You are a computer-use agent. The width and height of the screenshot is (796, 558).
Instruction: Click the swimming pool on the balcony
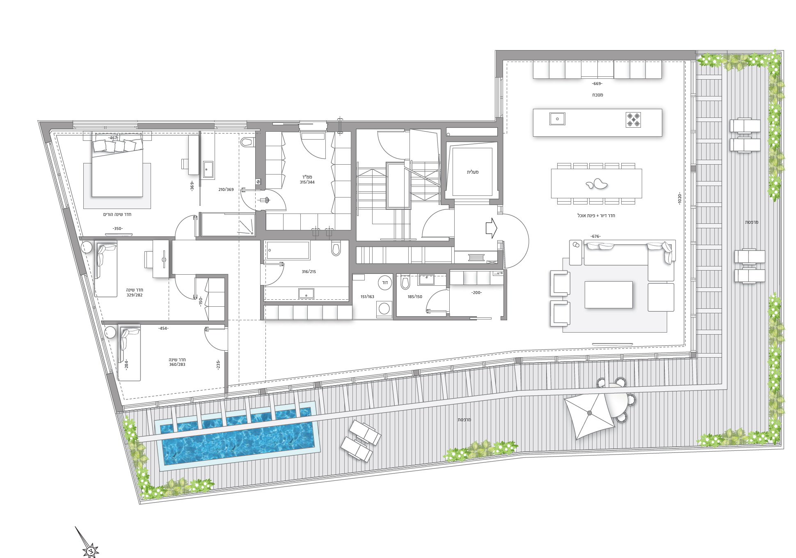point(238,436)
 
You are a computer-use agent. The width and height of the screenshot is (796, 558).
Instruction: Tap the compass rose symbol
point(90,549)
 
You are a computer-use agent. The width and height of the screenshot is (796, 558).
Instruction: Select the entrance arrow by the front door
point(491,228)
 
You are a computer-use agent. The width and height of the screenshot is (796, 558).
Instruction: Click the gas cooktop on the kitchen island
point(633,119)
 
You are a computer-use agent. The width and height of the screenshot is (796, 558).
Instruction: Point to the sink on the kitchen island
point(557,119)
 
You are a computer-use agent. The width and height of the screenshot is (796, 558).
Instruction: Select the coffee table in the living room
point(608,294)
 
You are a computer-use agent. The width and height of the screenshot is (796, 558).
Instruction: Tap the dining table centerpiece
point(596,184)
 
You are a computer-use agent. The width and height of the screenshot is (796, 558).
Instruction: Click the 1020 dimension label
point(679,199)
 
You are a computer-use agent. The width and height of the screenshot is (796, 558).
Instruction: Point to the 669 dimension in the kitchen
point(597,84)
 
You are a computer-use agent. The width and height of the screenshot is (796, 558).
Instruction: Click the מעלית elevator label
point(473,172)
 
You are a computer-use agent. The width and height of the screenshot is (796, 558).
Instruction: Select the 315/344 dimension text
point(307,182)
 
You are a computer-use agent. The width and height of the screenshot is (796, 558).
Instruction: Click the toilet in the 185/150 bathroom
point(405,282)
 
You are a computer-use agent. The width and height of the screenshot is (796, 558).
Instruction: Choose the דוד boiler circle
point(385,282)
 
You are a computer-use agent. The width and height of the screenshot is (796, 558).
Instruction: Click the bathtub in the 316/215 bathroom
point(288,250)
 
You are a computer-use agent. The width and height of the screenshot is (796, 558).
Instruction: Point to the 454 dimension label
point(164,328)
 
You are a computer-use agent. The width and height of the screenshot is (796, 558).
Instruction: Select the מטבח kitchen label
point(597,95)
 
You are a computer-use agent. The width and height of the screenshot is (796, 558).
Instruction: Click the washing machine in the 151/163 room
point(384,308)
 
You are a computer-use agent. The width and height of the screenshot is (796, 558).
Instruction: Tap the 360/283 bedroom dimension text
point(177,365)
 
